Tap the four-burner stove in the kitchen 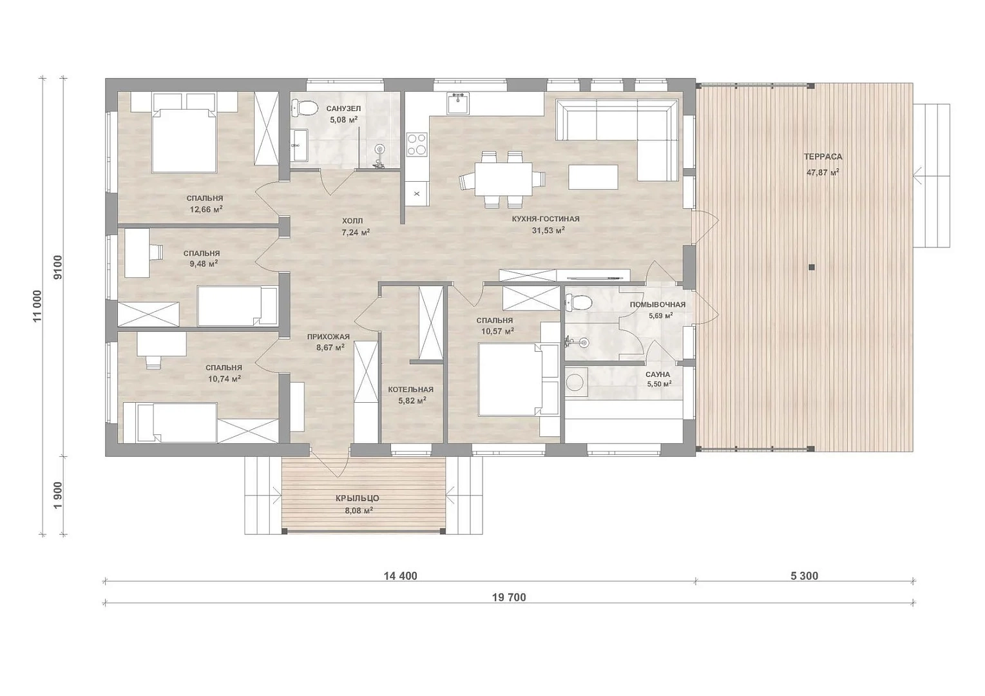tap(416, 145)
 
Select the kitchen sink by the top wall tap(458, 103)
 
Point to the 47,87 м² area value tap(822, 173)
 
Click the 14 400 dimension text tap(400, 575)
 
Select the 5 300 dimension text tap(804, 575)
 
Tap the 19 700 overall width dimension tap(509, 597)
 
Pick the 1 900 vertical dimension tap(59, 495)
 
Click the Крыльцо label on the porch tap(357, 498)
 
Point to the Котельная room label tap(410, 389)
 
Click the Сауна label tap(658, 374)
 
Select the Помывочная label tap(657, 304)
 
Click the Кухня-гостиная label tap(545, 218)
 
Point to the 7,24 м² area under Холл tap(356, 232)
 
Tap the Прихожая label tap(328, 336)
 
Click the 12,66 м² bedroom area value tap(206, 209)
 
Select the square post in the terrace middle tap(812, 267)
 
